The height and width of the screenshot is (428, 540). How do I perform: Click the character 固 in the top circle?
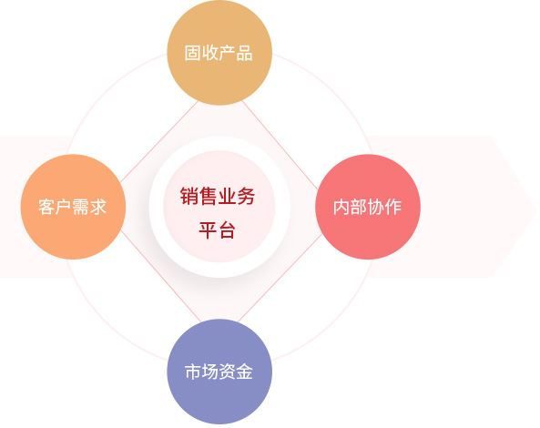[x=192, y=54]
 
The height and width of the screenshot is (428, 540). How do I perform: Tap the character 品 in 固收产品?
[x=244, y=54]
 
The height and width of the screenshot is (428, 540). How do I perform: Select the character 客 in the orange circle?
[x=46, y=207]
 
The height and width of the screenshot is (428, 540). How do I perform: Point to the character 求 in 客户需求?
[x=97, y=207]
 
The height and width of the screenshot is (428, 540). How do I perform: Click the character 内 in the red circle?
[x=341, y=207]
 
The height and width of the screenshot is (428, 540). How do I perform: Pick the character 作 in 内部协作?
[x=393, y=207]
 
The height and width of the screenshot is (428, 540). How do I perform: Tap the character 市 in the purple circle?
[x=193, y=372]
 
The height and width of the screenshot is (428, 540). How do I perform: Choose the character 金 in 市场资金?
[x=245, y=372]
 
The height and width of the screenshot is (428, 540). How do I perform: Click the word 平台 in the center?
[x=218, y=230]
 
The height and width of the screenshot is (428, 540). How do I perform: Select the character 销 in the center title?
[x=189, y=197]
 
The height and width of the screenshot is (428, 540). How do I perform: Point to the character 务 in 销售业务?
[x=246, y=197]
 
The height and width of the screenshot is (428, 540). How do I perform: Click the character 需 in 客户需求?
[x=81, y=207]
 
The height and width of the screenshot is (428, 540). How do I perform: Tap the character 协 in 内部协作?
[x=376, y=207]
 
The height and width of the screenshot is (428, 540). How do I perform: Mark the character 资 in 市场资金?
[x=228, y=372]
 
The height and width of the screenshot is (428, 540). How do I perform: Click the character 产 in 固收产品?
[x=228, y=54]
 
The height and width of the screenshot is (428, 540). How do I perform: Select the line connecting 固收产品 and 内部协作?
[x=280, y=145]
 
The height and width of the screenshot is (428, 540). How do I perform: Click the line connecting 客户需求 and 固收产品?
[x=158, y=141]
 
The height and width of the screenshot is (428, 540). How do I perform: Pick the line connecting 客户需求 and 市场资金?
[x=160, y=276]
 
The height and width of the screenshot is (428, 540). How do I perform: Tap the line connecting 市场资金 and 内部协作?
[x=280, y=279]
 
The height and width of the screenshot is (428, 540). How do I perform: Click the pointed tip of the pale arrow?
[x=536, y=207]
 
